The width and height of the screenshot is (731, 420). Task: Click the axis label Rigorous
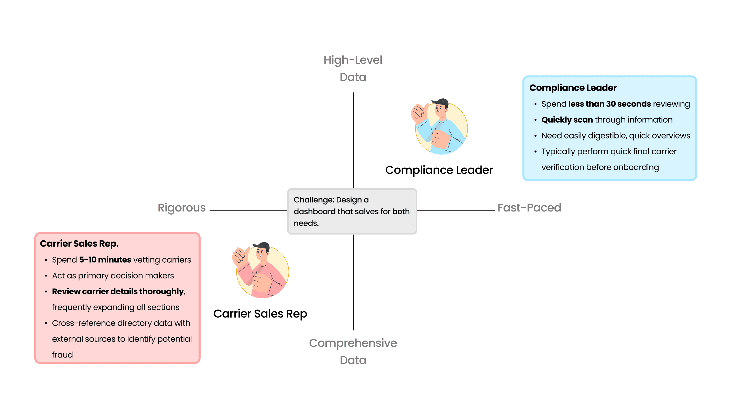[x=181, y=208]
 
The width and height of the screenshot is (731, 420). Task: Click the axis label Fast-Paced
[x=529, y=208]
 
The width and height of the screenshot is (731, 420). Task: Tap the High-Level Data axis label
[x=353, y=68]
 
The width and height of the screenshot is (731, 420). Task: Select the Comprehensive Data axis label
[x=353, y=351]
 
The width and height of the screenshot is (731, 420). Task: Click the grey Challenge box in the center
[x=352, y=212]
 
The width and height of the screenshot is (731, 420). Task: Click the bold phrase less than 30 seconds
[x=609, y=104]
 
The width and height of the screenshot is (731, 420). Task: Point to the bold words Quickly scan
[x=567, y=120]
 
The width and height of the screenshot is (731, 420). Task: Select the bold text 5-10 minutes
[x=105, y=260]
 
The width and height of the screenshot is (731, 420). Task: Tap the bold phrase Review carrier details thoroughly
[x=118, y=291]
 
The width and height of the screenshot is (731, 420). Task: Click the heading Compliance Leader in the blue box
[x=573, y=88]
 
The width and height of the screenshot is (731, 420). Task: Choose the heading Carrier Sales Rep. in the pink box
[x=79, y=243]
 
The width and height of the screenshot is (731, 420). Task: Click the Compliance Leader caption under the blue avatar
[x=439, y=170]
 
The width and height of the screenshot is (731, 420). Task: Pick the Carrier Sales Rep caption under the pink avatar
[x=260, y=313]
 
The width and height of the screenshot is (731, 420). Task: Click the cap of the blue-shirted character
[x=441, y=102]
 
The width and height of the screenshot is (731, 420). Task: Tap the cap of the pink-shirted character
[x=262, y=246]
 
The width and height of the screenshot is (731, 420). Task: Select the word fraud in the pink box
[x=62, y=355]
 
